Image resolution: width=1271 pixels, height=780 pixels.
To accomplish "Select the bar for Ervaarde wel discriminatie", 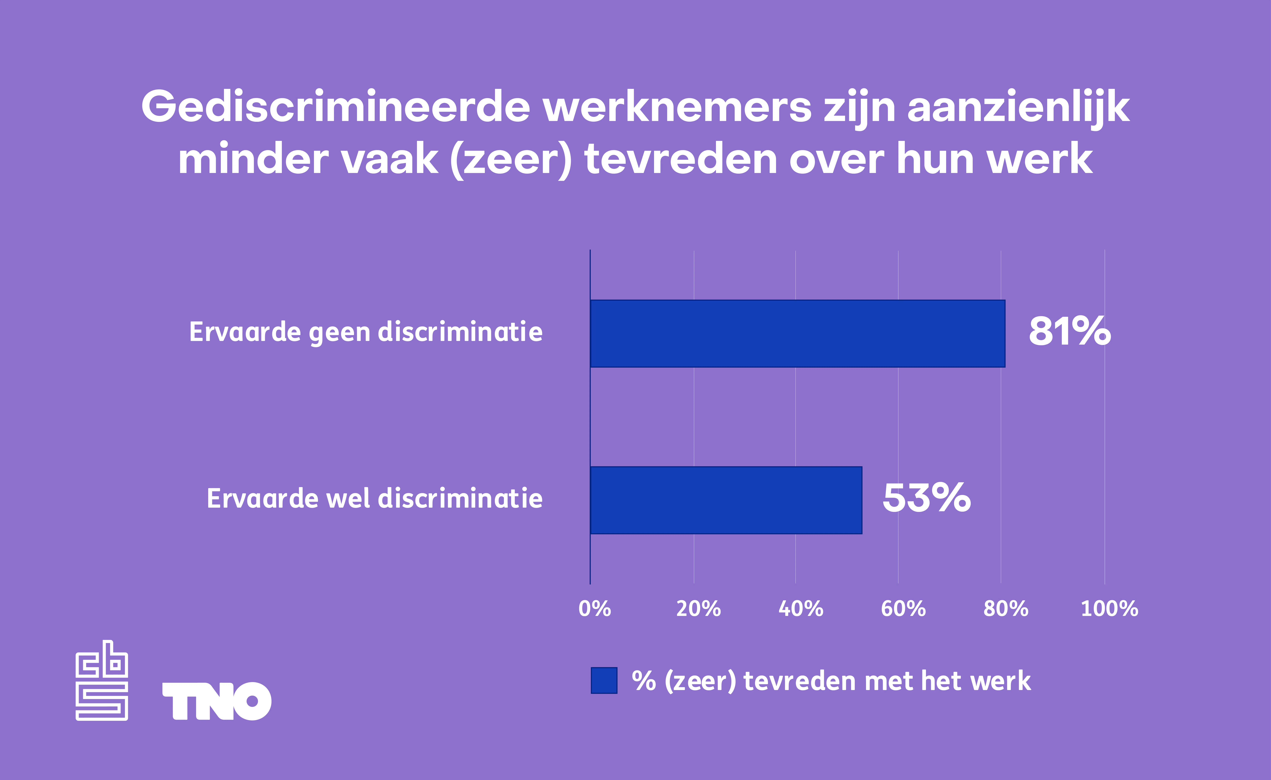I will point(726,500).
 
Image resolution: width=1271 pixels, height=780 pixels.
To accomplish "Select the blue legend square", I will point(604,680).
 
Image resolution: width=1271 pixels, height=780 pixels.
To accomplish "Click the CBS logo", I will point(102,680).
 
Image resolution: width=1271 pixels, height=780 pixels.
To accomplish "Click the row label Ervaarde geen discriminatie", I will point(366,332).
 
